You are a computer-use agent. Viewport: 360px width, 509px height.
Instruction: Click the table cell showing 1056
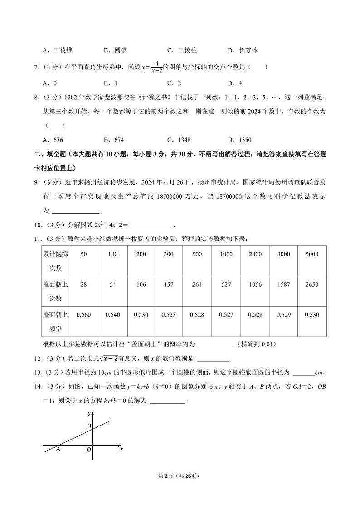click(255, 284)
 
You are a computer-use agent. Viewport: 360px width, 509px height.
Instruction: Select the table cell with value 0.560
click(83, 314)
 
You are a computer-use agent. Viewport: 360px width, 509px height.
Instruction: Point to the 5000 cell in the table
click(312, 254)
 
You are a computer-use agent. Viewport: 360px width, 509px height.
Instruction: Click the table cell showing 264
click(197, 284)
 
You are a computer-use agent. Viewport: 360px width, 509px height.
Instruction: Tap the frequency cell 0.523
click(169, 314)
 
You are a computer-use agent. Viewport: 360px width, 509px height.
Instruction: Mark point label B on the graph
click(89, 426)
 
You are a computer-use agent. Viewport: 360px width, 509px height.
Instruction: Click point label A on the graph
click(58, 449)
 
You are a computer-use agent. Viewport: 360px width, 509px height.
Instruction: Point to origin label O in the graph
click(88, 450)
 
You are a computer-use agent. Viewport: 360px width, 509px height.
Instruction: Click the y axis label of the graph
click(88, 414)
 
